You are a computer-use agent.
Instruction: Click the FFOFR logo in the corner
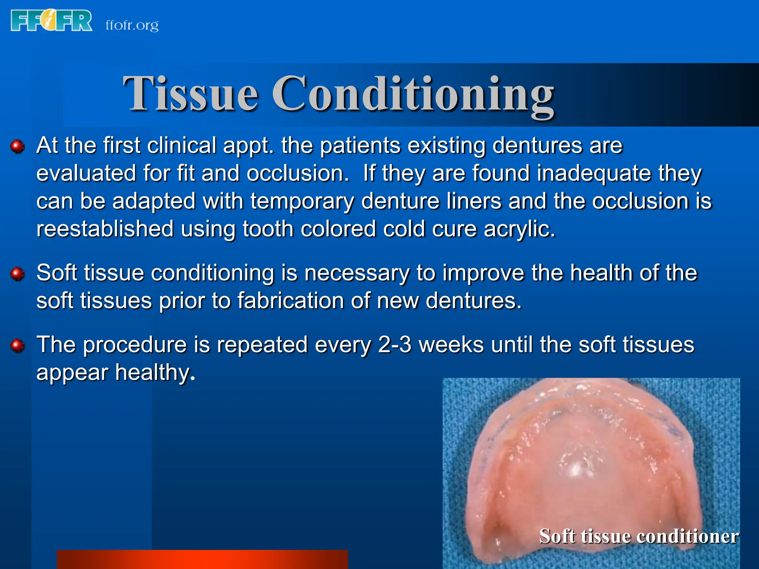pos(52,21)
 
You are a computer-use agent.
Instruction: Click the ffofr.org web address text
pos(132,25)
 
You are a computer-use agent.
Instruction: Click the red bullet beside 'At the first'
pos(17,146)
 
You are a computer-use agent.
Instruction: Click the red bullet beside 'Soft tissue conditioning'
pos(17,274)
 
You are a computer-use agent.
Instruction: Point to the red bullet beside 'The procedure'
pos(17,346)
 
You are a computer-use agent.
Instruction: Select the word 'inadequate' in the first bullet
pos(594,173)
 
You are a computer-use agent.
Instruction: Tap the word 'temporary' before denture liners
pos(302,201)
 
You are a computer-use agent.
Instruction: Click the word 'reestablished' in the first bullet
pos(105,229)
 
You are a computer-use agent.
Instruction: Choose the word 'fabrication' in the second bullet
pos(291,300)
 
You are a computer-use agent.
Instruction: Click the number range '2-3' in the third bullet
pos(395,345)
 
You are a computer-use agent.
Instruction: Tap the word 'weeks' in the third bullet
pos(451,345)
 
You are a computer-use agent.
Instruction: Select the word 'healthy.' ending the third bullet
pos(155,373)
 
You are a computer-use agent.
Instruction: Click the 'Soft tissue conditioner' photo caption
pos(639,536)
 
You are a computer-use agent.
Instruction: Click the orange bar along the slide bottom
pos(202,559)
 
